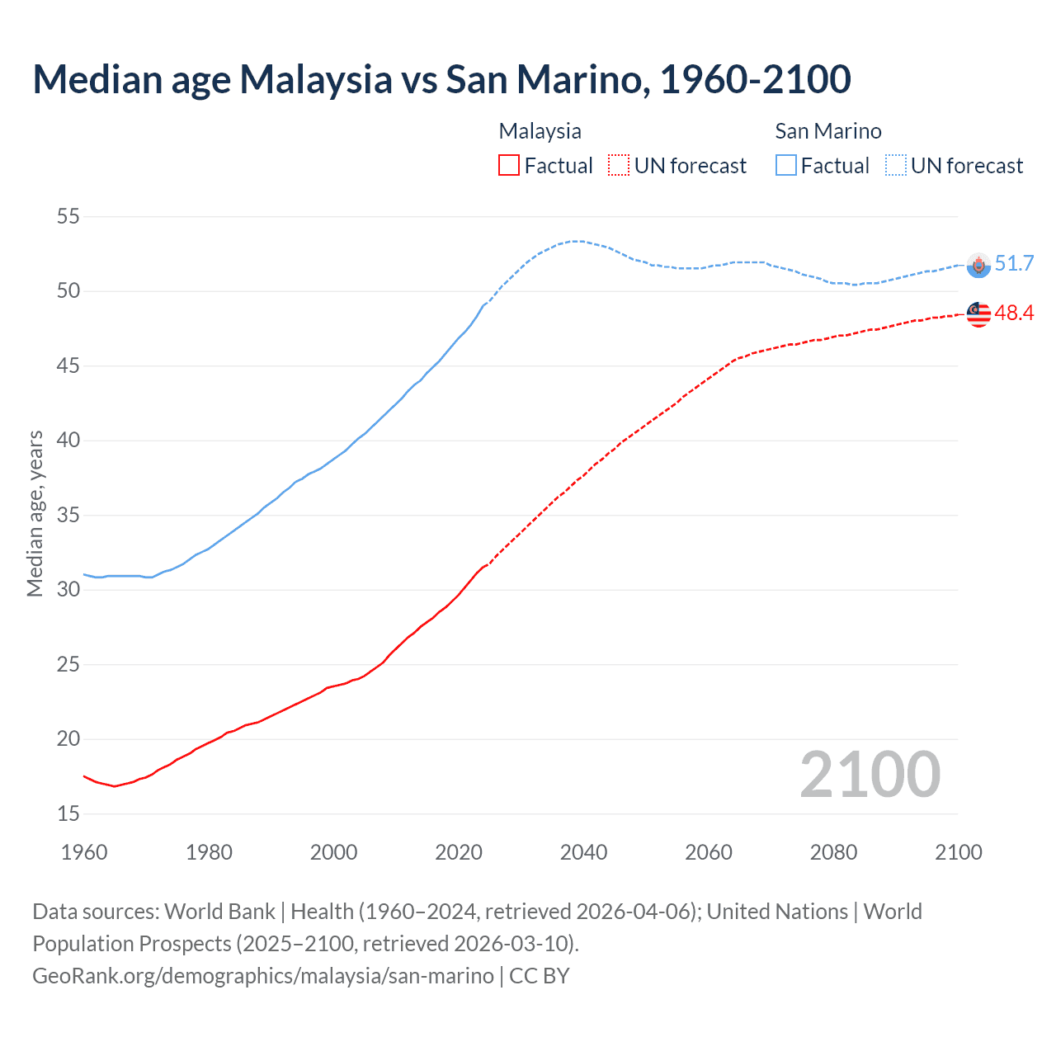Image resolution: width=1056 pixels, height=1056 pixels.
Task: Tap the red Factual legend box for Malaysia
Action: coord(509,166)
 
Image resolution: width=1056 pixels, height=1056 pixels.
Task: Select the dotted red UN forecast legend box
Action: coord(619,166)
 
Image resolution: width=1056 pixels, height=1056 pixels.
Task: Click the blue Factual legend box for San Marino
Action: coord(786,166)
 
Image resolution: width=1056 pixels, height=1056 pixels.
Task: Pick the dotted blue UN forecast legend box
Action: coord(896,166)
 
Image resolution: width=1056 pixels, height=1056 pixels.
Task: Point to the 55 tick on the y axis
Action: coord(68,217)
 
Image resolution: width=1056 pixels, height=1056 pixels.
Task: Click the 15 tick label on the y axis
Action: coord(68,814)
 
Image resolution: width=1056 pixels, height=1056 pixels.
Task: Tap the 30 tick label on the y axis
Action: coord(68,590)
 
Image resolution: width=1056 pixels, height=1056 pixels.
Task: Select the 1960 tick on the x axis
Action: coord(84,852)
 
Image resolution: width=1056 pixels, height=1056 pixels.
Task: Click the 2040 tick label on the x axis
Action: coord(583,852)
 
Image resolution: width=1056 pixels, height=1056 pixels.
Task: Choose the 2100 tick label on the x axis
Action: coord(959,852)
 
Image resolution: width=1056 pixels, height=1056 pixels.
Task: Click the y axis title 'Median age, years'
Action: coord(35,513)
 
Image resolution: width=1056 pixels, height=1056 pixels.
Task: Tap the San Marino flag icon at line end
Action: coord(978,265)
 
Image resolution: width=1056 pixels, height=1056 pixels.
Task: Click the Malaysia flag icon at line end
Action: coord(978,314)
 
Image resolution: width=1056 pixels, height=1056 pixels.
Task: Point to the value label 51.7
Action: coord(1014,264)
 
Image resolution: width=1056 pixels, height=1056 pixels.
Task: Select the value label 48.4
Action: coord(1014,313)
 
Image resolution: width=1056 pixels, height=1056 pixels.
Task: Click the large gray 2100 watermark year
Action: coord(870,774)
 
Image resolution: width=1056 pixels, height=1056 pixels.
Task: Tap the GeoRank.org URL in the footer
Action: coord(263,976)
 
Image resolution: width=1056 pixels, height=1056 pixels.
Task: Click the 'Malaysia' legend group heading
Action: coord(540,131)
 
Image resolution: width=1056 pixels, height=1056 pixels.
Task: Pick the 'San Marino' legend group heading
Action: coord(827,131)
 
